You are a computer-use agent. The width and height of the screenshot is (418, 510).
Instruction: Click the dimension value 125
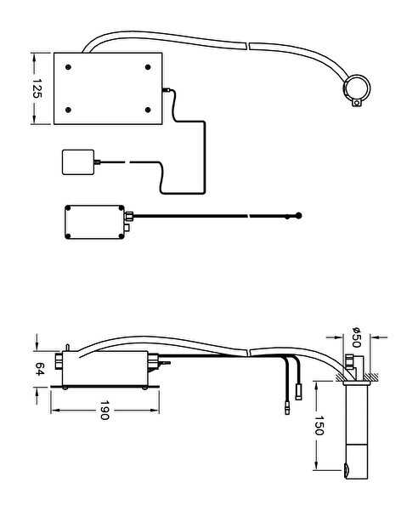click(37, 88)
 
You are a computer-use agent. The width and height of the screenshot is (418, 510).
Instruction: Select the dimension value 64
click(39, 369)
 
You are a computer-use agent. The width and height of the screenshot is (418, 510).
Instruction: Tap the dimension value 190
click(104, 411)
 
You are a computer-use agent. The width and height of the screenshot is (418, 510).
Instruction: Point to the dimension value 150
click(319, 425)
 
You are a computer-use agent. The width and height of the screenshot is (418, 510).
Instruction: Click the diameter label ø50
click(356, 337)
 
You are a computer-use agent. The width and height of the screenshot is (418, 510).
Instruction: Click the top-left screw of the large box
click(68, 67)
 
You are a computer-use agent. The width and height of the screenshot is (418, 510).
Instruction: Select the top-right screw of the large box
click(148, 67)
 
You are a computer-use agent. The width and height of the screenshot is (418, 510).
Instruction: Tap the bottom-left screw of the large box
click(68, 110)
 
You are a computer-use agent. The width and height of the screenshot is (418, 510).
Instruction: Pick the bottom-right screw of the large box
click(148, 110)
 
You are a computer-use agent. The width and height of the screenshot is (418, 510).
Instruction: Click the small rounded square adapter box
click(78, 162)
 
